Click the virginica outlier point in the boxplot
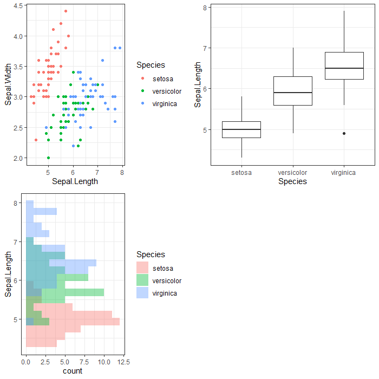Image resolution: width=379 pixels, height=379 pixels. click(344, 133)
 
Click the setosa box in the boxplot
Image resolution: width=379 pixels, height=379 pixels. click(241, 129)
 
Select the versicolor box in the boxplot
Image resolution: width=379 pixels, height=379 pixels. click(293, 91)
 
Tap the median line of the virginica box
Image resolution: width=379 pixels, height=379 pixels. click(344, 68)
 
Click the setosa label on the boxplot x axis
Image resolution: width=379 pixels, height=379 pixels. click(241, 173)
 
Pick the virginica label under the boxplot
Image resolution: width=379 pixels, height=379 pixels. click(344, 173)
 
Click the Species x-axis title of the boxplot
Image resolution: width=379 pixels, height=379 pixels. click(292, 182)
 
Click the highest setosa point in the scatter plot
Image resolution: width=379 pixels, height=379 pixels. click(66, 11)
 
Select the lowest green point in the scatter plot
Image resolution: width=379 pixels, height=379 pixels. click(48, 158)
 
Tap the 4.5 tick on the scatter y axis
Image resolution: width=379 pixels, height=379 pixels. click(17, 5)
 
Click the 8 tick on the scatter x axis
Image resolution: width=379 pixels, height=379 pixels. click(122, 172)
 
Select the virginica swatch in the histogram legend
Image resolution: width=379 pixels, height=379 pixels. click(142, 293)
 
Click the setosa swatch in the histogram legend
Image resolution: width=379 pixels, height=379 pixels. click(142, 268)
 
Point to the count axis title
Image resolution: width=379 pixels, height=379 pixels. click(73, 371)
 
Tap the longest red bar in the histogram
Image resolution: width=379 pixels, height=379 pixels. click(73, 322)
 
